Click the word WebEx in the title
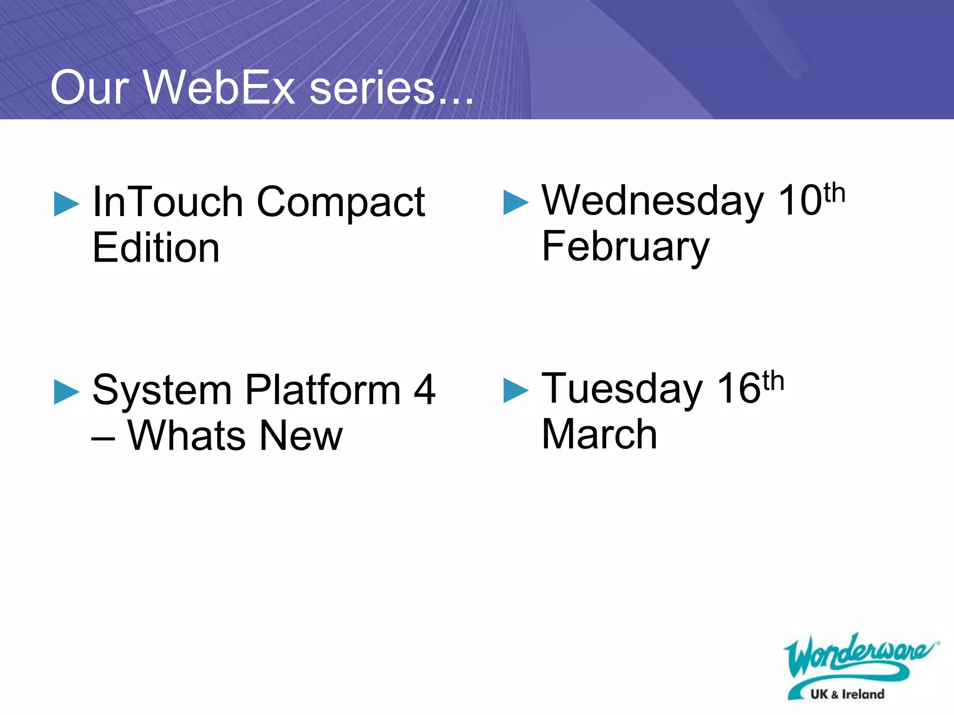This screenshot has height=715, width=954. point(219,88)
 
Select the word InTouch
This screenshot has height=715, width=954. point(168,202)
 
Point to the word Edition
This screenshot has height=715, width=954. point(156,248)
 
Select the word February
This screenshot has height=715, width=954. point(626,247)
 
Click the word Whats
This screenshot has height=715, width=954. point(186,436)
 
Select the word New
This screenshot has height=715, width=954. point(300,436)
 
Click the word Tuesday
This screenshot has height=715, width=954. point(622,389)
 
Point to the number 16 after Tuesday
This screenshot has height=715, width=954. point(738,389)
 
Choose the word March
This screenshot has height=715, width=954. point(600,434)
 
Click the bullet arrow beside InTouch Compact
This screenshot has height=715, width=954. point(67,204)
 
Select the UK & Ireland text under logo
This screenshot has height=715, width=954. point(847,694)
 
